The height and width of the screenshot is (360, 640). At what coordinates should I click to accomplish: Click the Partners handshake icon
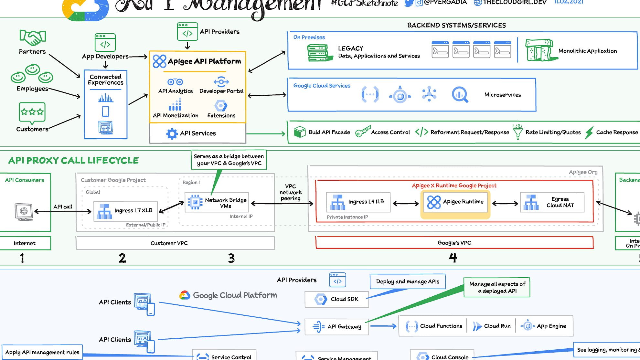tap(33, 38)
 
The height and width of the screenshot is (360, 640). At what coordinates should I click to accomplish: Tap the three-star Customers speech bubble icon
tap(32, 113)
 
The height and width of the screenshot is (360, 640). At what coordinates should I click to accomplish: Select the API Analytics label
tap(176, 91)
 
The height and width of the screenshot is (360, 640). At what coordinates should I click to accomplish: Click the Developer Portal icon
tap(221, 82)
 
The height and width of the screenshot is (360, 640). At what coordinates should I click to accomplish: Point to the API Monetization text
tap(176, 115)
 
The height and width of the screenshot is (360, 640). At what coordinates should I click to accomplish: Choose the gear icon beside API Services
tap(172, 133)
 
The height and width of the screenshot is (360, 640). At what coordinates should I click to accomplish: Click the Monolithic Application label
tap(587, 51)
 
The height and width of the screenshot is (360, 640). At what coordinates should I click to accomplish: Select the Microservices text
tap(502, 95)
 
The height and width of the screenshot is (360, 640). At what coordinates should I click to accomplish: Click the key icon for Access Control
tap(363, 132)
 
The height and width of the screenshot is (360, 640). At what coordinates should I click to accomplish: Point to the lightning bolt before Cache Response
tap(589, 132)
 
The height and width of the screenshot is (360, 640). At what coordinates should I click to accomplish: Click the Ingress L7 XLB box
tap(125, 211)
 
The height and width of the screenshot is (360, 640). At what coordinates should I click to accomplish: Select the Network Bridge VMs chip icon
tap(195, 202)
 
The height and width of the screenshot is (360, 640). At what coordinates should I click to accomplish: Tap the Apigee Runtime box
tap(455, 202)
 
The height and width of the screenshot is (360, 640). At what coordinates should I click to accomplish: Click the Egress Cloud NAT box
tap(552, 202)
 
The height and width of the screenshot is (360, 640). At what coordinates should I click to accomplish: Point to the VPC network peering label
tap(290, 192)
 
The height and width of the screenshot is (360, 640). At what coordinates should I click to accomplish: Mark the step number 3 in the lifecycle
tap(231, 258)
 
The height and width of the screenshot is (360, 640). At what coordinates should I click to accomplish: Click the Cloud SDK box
tap(336, 299)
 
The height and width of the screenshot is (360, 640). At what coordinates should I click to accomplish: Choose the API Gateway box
tap(336, 327)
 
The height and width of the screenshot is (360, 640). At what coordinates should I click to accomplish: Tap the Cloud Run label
tap(497, 326)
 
